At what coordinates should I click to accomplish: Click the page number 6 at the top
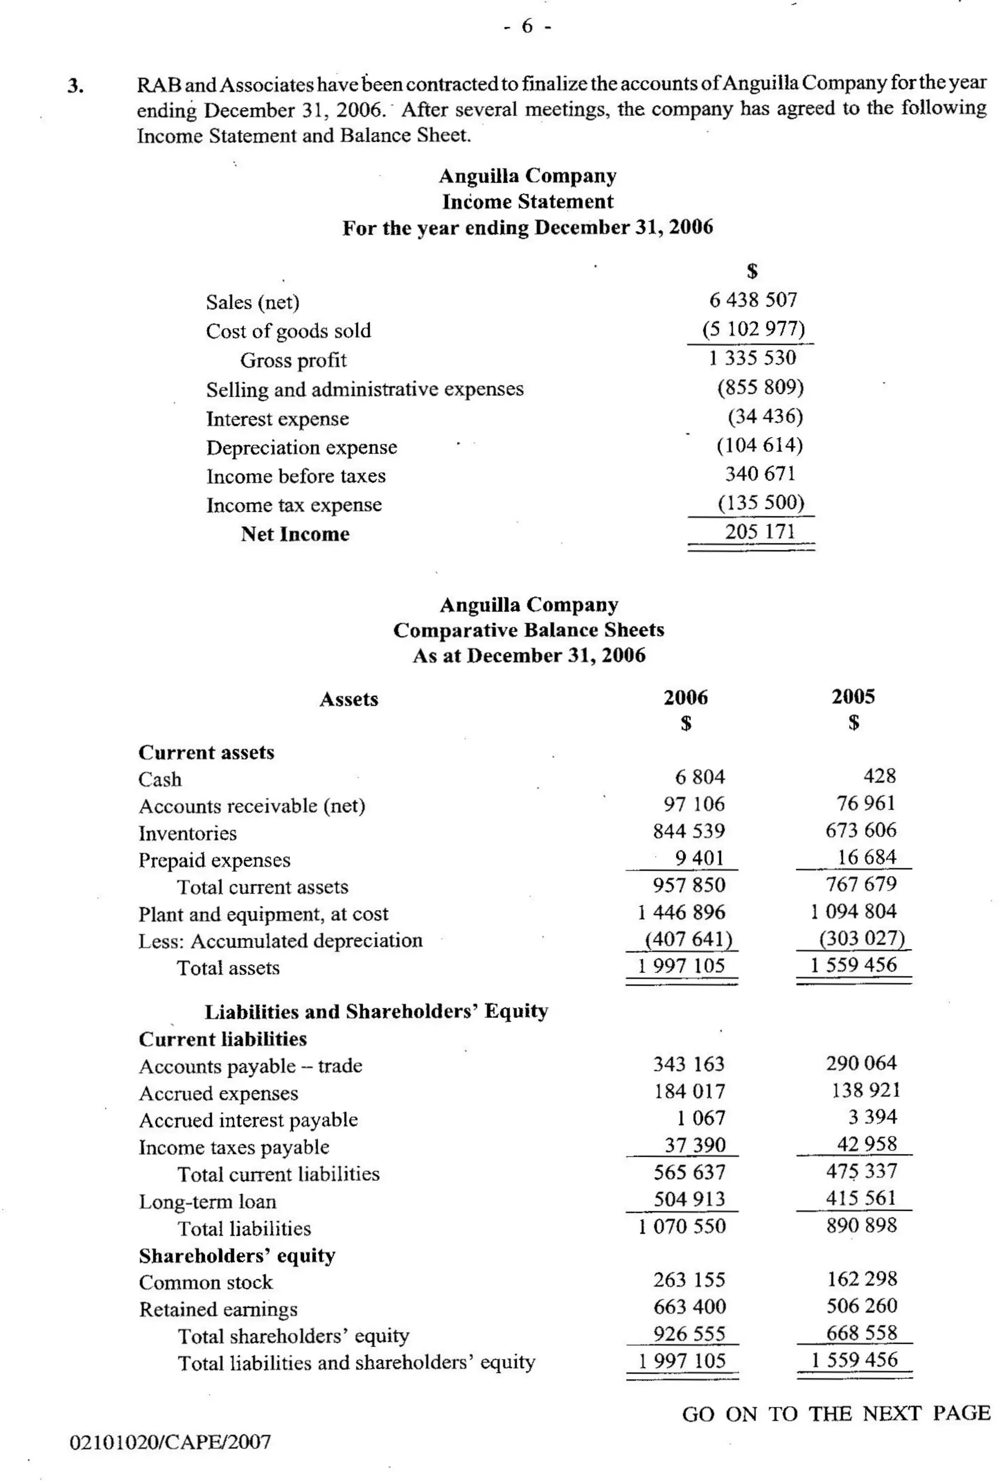tap(527, 26)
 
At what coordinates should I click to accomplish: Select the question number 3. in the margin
tap(75, 86)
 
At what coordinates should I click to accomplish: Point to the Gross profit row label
tap(293, 360)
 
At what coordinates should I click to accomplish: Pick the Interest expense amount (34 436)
tap(765, 416)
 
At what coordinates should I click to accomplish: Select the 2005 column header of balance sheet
tap(853, 696)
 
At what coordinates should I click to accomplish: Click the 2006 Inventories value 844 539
tap(689, 831)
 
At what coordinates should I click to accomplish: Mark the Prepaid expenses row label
tap(214, 860)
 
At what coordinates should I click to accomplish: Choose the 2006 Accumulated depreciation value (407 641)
tap(688, 939)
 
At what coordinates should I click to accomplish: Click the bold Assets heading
tap(348, 699)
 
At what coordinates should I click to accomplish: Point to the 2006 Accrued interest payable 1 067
tap(700, 1118)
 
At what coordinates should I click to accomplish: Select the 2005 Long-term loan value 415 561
tap(861, 1198)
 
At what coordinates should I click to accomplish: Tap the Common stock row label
tap(206, 1282)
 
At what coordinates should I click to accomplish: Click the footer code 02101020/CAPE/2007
tap(170, 1442)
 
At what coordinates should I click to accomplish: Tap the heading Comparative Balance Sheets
tap(529, 630)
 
